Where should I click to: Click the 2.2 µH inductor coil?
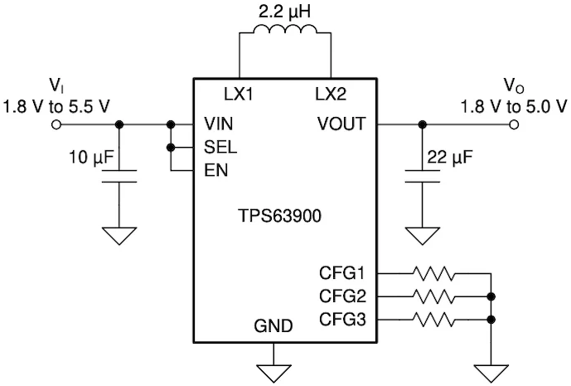coord(285,29)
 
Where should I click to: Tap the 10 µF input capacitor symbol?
coord(119,176)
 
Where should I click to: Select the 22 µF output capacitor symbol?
coord(423,176)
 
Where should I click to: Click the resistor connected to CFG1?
coord(433,273)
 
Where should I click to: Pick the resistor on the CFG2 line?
coord(433,296)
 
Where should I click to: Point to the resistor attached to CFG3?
coord(433,320)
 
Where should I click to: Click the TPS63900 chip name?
coord(279,216)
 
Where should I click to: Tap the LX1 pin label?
coord(238,95)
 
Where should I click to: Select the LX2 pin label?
coord(331,95)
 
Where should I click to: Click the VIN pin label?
coord(219,124)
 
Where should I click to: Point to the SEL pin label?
coord(220,147)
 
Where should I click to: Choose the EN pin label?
coord(216,170)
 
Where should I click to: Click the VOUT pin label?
coord(341,124)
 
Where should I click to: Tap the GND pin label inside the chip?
coord(273,325)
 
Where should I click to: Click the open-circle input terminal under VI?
coord(56,125)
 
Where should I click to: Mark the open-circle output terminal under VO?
coord(514,125)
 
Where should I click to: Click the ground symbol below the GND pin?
coord(273,373)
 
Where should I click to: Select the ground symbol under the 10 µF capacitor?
coord(119,236)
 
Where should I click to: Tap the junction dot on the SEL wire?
coord(171,148)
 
